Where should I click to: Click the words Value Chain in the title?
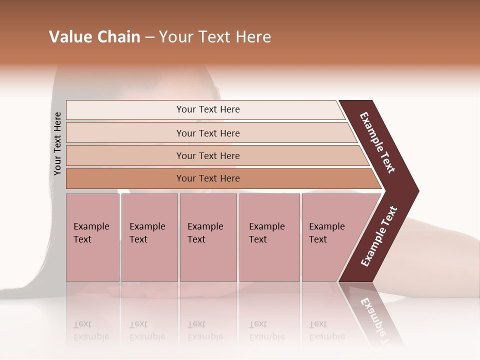click(x=94, y=37)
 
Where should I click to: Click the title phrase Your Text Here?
click(x=215, y=37)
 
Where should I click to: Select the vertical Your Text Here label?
click(x=57, y=143)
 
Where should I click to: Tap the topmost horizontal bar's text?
click(x=208, y=109)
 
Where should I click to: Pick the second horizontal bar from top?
click(x=208, y=133)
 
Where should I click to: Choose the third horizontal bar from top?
click(x=208, y=155)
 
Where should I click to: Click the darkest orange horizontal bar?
click(x=208, y=178)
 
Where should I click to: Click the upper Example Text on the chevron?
click(x=377, y=142)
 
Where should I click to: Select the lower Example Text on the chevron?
click(x=379, y=236)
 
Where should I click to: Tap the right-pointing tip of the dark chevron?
click(x=416, y=191)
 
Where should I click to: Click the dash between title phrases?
click(x=149, y=37)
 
